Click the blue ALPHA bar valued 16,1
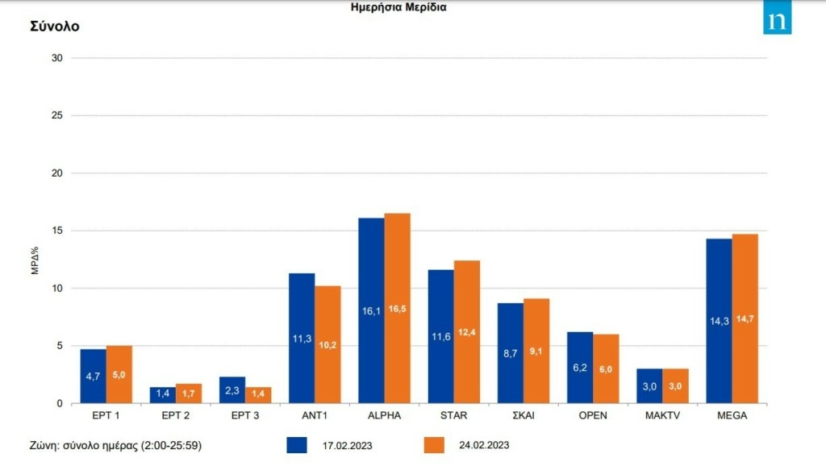(x=371, y=310)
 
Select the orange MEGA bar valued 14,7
(x=745, y=318)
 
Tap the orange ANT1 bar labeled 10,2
(x=327, y=344)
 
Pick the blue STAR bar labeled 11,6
(x=440, y=336)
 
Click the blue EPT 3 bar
(x=232, y=390)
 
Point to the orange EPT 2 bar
(x=189, y=393)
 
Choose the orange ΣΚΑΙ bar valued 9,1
(x=536, y=351)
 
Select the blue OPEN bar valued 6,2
(x=579, y=367)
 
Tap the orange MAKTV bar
(x=675, y=386)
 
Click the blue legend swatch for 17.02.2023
(x=299, y=445)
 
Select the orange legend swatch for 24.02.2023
(x=436, y=445)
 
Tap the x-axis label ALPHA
(x=384, y=416)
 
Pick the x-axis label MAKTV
(x=662, y=416)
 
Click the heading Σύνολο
(x=55, y=27)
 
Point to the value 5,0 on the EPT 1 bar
(x=119, y=375)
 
